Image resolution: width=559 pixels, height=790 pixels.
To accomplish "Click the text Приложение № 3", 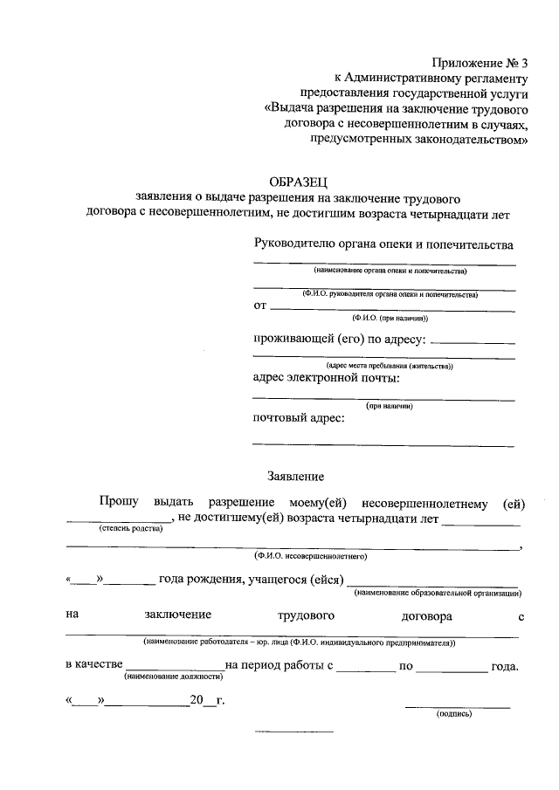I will click(x=481, y=62).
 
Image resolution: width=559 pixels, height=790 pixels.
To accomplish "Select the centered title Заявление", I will click(x=295, y=477).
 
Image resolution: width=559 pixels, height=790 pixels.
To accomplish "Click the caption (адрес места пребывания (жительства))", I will click(x=388, y=366).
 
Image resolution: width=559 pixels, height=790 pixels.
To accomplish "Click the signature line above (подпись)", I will click(x=457, y=705).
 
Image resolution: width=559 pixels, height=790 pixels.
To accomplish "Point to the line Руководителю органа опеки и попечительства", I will click(x=383, y=245).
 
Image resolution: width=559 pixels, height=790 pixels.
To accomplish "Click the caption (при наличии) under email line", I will click(x=389, y=406).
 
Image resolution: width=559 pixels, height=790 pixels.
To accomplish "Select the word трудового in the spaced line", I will click(x=306, y=615).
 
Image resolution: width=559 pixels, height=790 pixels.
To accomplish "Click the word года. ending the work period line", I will click(x=505, y=666).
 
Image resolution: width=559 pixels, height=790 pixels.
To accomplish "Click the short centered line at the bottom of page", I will click(x=293, y=730).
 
